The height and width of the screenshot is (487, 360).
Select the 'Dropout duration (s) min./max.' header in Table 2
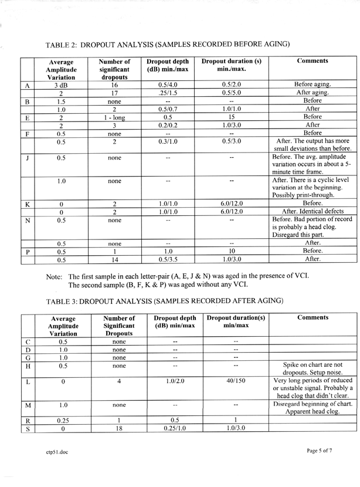pyautogui.click(x=231, y=65)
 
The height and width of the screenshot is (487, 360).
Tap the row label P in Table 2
pyautogui.click(x=27, y=251)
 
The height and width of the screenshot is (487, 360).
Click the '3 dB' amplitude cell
pyautogui.click(x=61, y=85)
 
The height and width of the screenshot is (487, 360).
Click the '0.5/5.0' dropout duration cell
pyautogui.click(x=232, y=93)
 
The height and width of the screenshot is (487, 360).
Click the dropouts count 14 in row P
pyautogui.click(x=114, y=259)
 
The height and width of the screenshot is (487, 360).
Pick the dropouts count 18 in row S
pyautogui.click(x=119, y=429)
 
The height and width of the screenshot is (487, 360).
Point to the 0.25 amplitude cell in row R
pyautogui.click(x=63, y=421)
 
